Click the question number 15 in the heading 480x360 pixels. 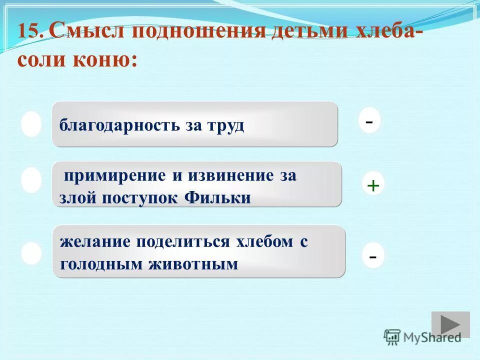[x=30, y=32]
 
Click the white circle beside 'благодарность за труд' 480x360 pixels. [x=31, y=124]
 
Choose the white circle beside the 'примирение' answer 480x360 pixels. [x=31, y=180]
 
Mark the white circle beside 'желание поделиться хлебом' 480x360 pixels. [x=31, y=253]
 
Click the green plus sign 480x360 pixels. [x=373, y=186]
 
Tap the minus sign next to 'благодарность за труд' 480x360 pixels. [x=369, y=121]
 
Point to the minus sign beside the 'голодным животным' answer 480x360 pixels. [x=373, y=256]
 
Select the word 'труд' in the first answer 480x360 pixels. [x=225, y=125]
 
